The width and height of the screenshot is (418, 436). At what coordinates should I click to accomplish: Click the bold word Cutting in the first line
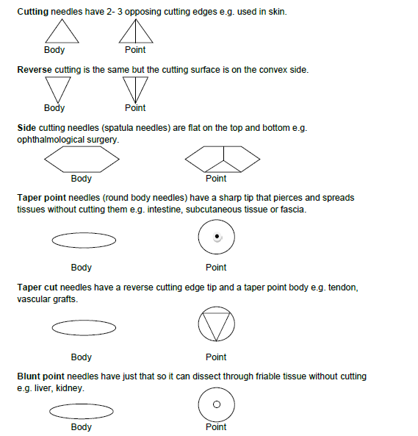(33, 12)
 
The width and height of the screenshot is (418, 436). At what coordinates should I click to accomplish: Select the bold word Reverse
(35, 70)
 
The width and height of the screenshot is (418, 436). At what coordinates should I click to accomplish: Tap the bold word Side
(26, 128)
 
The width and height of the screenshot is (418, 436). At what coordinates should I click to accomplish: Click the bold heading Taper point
(41, 198)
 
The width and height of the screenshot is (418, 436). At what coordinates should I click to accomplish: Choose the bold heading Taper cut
(37, 287)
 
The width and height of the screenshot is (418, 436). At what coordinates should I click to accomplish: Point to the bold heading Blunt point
(41, 376)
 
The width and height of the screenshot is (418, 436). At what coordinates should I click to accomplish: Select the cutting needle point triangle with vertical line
(136, 42)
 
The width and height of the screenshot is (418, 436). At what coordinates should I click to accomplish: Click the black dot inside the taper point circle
(217, 236)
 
